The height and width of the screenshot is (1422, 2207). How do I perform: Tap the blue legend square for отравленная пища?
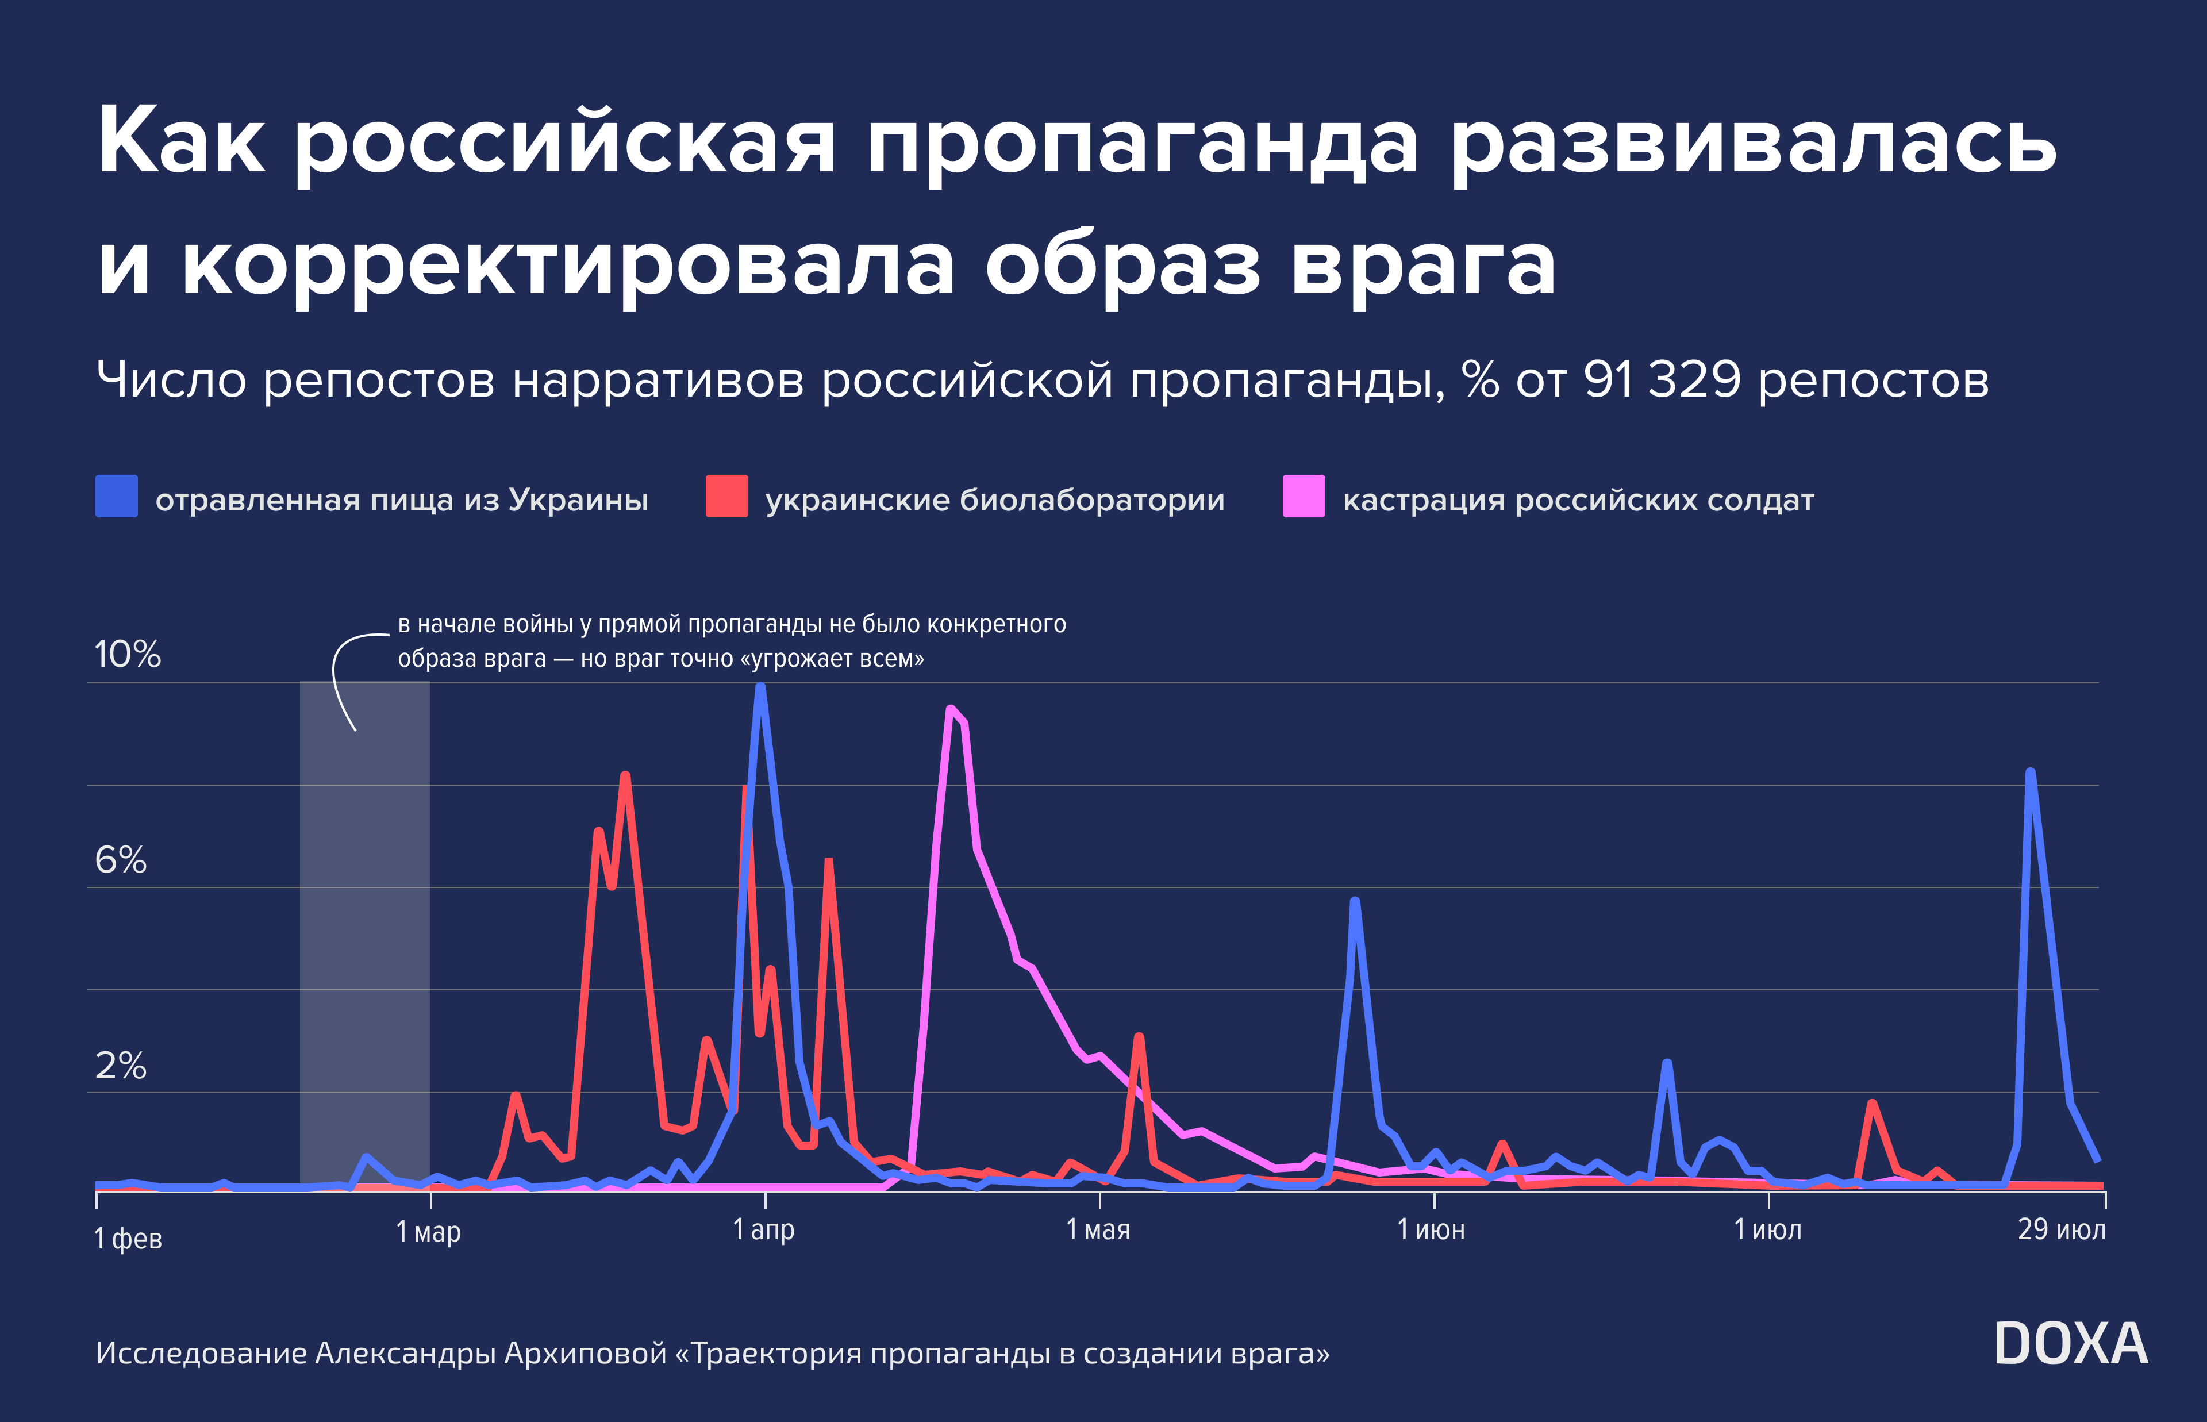point(116,496)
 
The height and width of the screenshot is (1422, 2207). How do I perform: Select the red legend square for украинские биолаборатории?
point(726,496)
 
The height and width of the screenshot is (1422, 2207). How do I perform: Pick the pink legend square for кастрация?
point(1304,496)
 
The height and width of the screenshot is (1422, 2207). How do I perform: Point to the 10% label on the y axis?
point(128,655)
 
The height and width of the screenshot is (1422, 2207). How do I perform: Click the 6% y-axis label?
point(121,860)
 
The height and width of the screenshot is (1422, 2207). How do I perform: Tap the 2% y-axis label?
point(121,1067)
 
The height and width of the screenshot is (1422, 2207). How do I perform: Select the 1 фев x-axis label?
point(128,1238)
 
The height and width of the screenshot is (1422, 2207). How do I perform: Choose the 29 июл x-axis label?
point(2061,1230)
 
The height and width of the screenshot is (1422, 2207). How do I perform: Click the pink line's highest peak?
point(951,709)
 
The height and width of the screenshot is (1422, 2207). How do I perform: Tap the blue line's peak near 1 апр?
point(760,686)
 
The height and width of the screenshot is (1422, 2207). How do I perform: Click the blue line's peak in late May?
point(1354,901)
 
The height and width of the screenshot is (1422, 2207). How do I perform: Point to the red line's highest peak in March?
point(626,775)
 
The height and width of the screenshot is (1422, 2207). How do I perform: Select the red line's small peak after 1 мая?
point(1139,1037)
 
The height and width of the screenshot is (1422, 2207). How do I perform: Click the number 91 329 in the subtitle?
point(1662,379)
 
